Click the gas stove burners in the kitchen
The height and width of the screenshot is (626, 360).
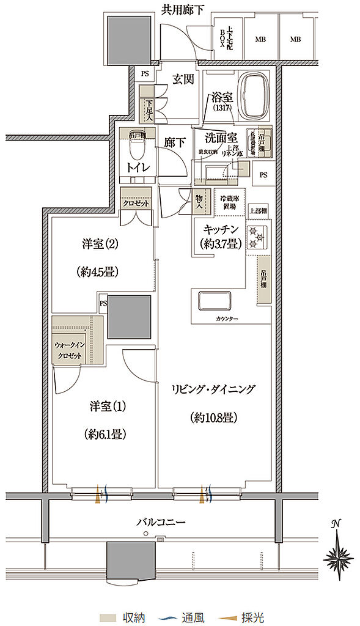tap(255, 235)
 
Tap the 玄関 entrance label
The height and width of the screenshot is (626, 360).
tap(182, 79)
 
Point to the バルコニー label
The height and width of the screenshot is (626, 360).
tap(161, 522)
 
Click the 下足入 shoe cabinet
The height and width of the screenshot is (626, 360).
tap(148, 110)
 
